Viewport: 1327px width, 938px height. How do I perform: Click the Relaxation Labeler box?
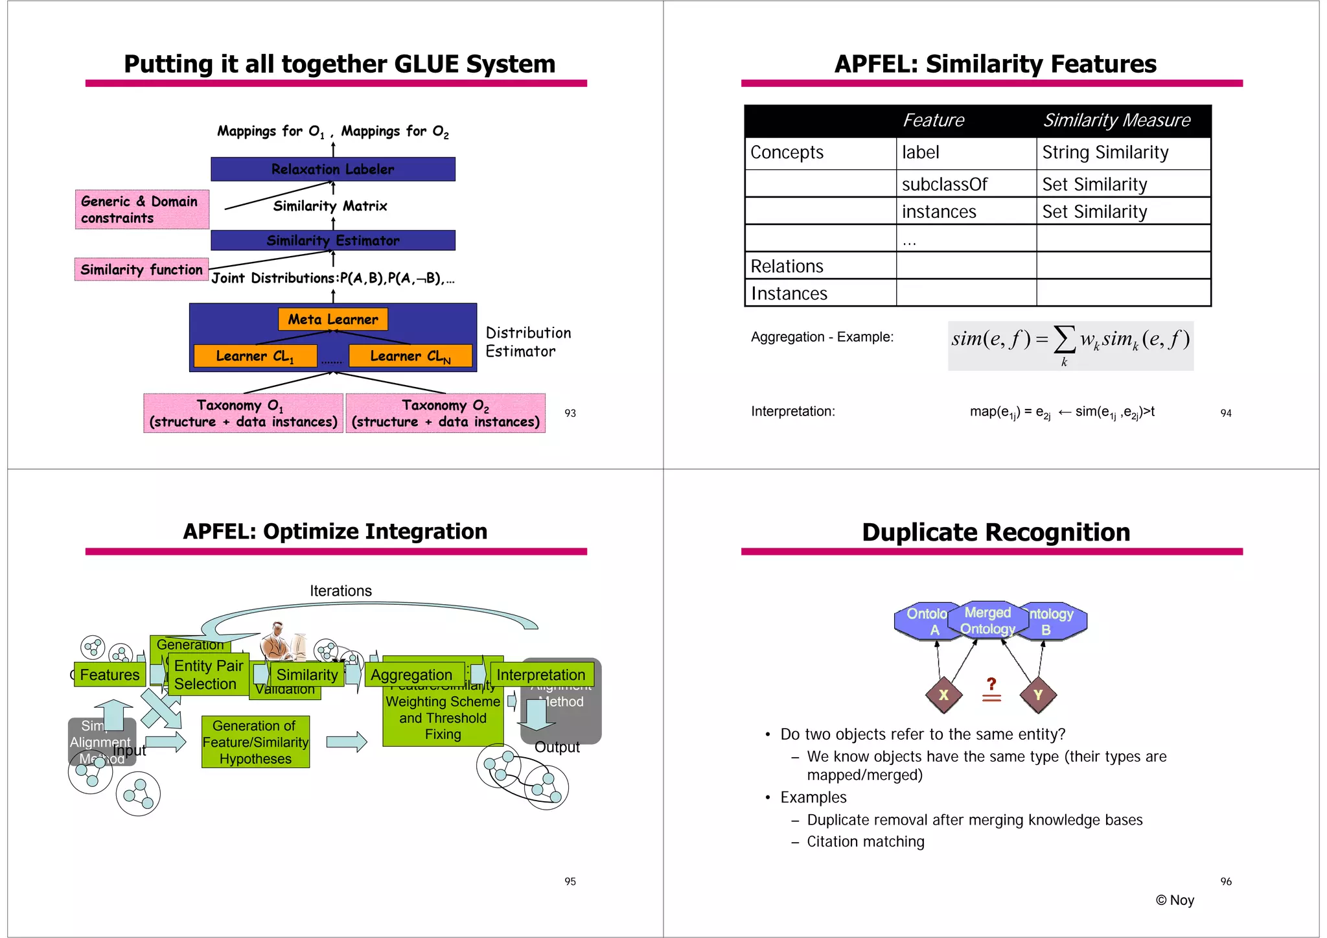coord(332,169)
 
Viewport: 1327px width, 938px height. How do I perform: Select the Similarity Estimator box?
coord(332,240)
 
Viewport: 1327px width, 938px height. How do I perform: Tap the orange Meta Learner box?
coord(332,319)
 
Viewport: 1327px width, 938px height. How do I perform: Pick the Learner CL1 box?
coord(255,356)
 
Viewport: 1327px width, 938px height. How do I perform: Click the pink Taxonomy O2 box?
coord(445,413)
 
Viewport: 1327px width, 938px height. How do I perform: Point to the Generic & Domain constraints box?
coord(142,209)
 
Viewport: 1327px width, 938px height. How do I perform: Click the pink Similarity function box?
coord(141,270)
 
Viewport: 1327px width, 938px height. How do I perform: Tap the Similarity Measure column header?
coord(1117,121)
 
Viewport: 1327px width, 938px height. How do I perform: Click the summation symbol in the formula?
coord(1064,339)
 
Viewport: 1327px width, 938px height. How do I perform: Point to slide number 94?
coord(1225,413)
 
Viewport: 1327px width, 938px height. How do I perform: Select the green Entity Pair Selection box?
coord(208,675)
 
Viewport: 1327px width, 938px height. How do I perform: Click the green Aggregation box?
coord(412,675)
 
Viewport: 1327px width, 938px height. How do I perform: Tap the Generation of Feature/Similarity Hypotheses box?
coord(255,742)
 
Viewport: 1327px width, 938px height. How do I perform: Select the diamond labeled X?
coord(943,695)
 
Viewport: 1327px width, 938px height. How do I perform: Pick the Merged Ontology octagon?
coord(987,620)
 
